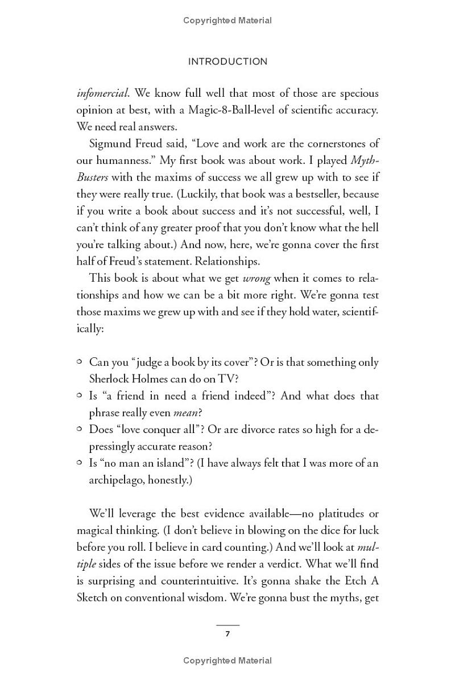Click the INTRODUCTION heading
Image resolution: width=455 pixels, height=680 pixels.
[227, 61]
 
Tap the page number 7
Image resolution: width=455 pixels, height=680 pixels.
[227, 634]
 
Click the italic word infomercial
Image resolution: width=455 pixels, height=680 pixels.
[102, 93]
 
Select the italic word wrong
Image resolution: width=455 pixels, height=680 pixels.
[256, 278]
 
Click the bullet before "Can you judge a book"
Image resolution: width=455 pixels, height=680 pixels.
[80, 361]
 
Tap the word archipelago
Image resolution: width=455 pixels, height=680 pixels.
[116, 480]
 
